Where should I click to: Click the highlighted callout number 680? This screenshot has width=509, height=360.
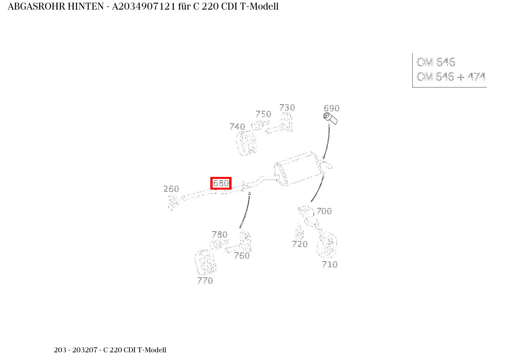(x=221, y=183)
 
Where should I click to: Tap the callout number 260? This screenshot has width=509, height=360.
(x=171, y=189)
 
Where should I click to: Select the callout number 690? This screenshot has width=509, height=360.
(x=332, y=108)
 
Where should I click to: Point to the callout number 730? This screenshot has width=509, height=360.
(x=287, y=107)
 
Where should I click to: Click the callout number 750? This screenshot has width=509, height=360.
(x=263, y=114)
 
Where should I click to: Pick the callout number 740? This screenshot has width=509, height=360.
(x=237, y=127)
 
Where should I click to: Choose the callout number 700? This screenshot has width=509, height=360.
(x=324, y=211)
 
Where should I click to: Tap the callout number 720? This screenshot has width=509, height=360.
(x=300, y=244)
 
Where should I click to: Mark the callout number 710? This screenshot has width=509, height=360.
(x=330, y=264)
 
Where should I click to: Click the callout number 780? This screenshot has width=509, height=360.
(x=220, y=234)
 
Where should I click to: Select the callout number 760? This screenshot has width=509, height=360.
(x=242, y=256)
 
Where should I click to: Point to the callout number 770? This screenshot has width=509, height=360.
(x=205, y=281)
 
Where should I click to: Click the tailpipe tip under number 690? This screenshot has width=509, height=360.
(x=331, y=119)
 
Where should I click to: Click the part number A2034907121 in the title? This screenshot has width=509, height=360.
(x=144, y=7)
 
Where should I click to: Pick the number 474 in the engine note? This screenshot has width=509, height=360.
(x=476, y=76)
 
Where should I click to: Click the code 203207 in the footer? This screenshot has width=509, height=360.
(x=85, y=350)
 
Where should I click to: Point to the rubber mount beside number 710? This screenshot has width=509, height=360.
(x=327, y=245)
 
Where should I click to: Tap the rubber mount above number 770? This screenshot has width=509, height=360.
(x=205, y=263)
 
